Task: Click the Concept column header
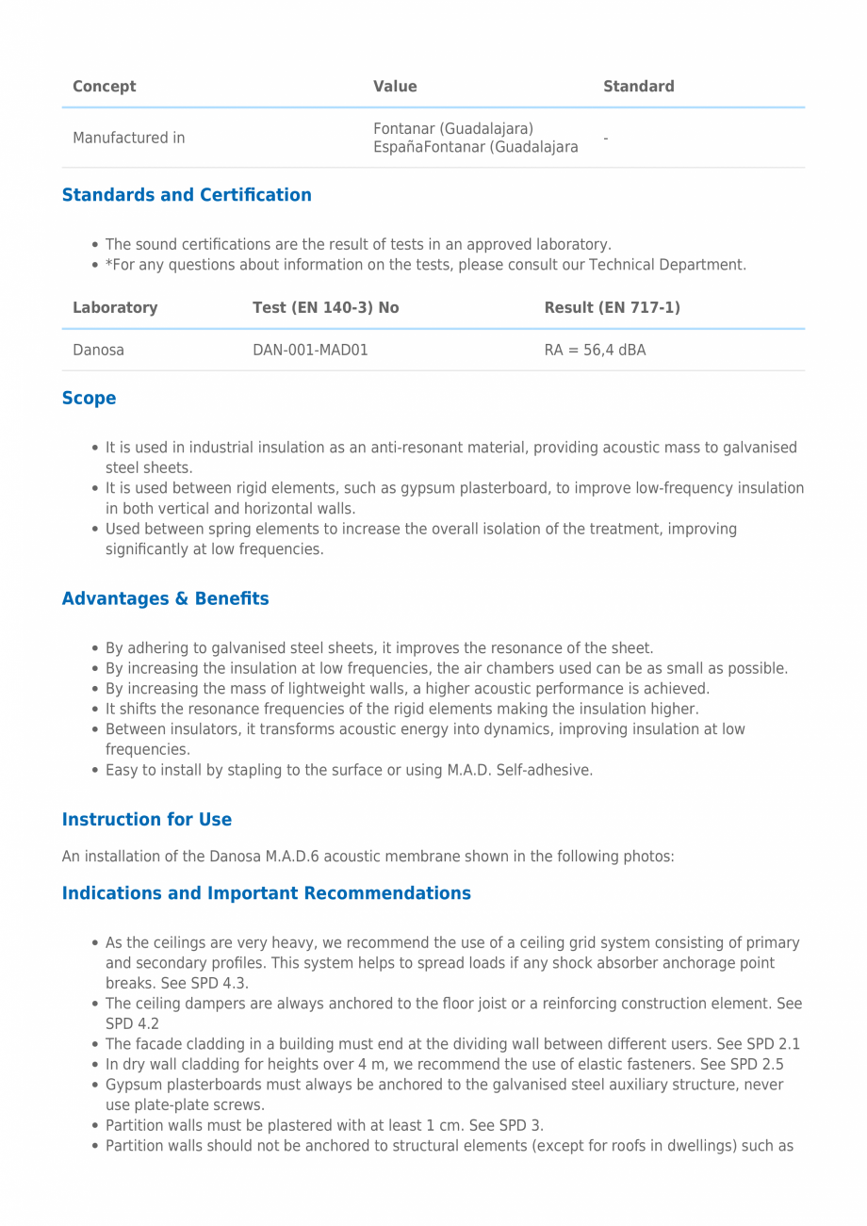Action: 105,87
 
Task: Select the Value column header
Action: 395,87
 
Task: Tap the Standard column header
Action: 639,87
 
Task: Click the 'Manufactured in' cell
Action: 129,138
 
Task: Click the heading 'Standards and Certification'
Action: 187,195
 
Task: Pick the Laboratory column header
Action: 115,308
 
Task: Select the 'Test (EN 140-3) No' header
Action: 326,308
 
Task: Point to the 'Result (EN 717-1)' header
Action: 613,308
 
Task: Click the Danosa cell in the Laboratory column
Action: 99,351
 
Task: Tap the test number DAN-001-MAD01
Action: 310,351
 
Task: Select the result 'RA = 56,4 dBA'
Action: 596,351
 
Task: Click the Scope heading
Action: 90,399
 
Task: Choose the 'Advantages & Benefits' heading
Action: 166,599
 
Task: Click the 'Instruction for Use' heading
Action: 147,820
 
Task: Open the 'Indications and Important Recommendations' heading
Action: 267,893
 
